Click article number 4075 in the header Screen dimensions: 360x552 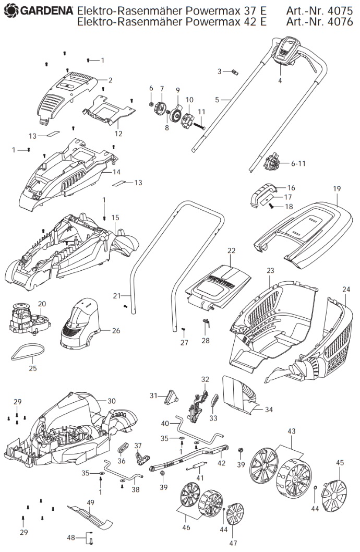(340, 10)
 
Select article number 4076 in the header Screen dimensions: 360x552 (340, 22)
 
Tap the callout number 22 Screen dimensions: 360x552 (231, 250)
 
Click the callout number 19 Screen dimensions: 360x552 (337, 189)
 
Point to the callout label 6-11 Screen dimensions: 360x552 (298, 163)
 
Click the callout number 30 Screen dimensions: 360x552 (112, 401)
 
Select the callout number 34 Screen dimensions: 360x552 (269, 410)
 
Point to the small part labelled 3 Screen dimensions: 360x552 (235, 72)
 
